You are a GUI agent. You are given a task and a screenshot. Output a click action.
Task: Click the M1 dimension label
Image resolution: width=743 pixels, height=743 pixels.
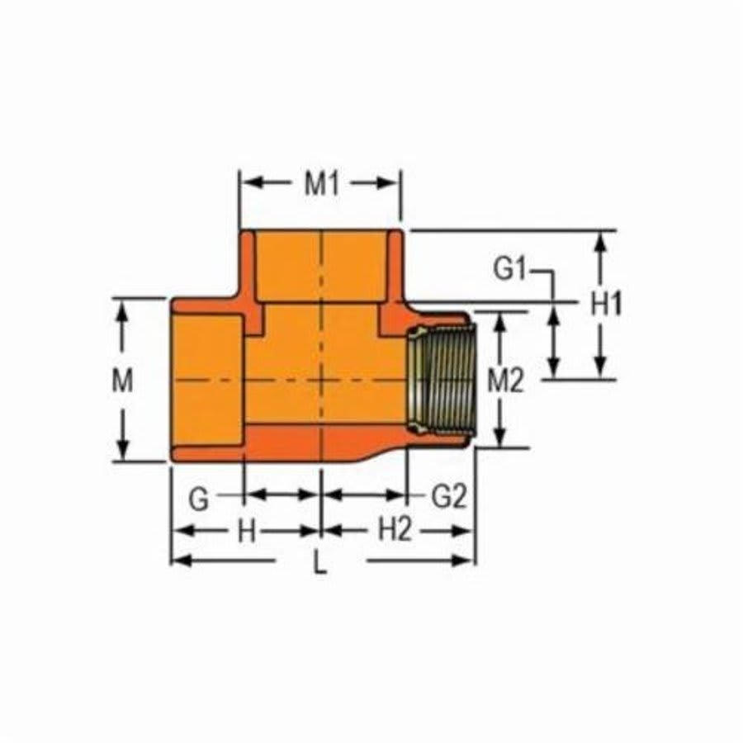(321, 184)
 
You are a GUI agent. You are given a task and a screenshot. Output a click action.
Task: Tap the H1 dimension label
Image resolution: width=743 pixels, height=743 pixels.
(606, 305)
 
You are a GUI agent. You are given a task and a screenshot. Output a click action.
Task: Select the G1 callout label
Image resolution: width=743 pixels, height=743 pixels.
(510, 269)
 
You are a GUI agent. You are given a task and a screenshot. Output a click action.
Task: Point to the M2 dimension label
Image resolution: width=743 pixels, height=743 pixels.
(505, 381)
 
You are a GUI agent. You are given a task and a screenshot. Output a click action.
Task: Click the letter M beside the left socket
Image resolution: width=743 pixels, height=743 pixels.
(122, 381)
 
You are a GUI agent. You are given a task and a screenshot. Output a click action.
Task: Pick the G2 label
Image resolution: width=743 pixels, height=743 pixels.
(450, 497)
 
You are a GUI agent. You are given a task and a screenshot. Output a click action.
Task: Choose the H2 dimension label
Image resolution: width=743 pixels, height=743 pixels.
(395, 531)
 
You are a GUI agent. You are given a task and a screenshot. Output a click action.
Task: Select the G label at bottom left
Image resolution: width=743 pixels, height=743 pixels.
(198, 499)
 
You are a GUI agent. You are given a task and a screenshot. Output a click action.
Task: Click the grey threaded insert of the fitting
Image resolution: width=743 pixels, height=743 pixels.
(440, 379)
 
